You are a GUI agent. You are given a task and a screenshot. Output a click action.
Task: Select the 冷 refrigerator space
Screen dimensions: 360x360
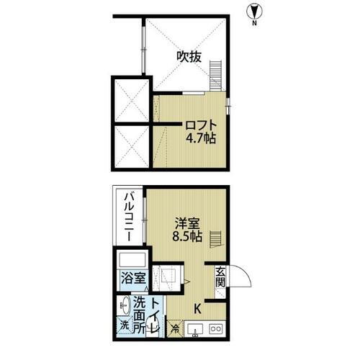(x=175, y=330)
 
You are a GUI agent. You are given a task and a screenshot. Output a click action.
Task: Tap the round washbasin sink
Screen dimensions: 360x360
(x=124, y=305)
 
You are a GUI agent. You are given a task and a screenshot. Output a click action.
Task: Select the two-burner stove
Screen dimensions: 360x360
(x=215, y=330)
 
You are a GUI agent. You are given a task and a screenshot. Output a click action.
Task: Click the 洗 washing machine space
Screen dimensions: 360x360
(x=123, y=325)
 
